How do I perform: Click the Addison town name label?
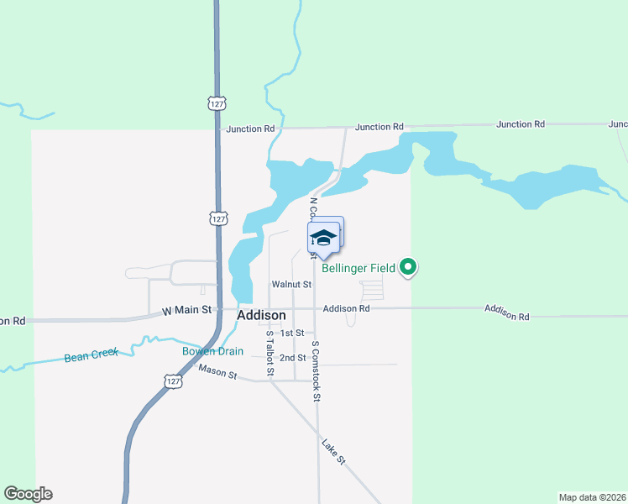[261, 315]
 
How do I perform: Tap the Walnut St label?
[286, 285]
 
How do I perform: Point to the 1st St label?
[291, 333]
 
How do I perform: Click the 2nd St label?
[293, 357]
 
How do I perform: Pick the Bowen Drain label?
[212, 351]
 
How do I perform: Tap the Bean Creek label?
[92, 355]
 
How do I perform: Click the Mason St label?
[217, 371]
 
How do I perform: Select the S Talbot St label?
[270, 353]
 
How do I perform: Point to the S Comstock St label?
[317, 370]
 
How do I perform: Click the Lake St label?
[333, 450]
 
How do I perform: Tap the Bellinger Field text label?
[358, 269]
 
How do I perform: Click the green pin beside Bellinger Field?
[409, 268]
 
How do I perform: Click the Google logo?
[28, 494]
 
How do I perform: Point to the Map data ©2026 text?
[592, 496]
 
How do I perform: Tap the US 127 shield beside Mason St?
[172, 381]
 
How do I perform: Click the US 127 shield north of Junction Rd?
[216, 102]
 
